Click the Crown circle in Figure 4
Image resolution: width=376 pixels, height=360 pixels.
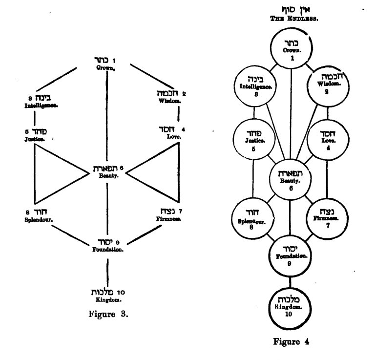[291, 50]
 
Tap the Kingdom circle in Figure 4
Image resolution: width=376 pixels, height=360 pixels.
[291, 306]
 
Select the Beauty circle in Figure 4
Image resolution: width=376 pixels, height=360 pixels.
[290, 177]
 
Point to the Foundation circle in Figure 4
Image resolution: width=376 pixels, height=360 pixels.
[291, 256]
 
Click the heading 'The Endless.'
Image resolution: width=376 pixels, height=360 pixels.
[291, 18]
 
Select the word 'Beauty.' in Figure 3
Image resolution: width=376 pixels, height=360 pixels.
[106, 175]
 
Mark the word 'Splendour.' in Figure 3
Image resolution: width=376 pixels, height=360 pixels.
[39, 220]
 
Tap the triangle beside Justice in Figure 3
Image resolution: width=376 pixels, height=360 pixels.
[54, 174]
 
